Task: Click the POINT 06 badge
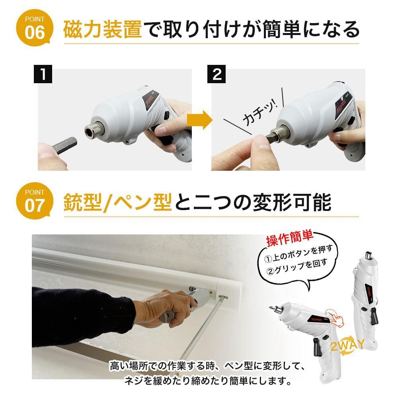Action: click(x=35, y=28)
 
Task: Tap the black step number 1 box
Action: click(x=43, y=74)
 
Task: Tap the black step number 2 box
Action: click(x=217, y=74)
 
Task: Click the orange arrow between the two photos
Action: click(x=199, y=120)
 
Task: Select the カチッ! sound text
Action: click(x=260, y=112)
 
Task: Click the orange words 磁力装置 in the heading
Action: click(x=103, y=30)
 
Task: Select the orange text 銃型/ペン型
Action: click(x=118, y=203)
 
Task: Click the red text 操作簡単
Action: click(x=289, y=238)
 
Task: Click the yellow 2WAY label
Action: click(x=347, y=345)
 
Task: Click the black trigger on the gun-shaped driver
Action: click(x=318, y=347)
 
